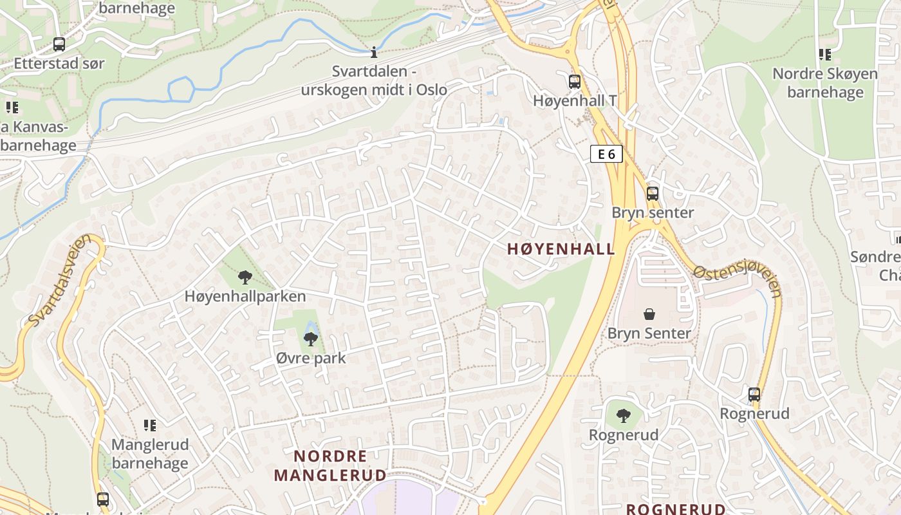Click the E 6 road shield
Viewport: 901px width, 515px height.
point(606,154)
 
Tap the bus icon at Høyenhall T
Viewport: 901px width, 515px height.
point(575,82)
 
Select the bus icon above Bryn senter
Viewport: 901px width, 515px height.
point(653,193)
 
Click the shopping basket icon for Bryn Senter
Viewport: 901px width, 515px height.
point(649,314)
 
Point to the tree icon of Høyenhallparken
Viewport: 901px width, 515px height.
point(245,277)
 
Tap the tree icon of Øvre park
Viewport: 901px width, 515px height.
point(311,339)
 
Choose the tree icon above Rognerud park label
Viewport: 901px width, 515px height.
point(623,416)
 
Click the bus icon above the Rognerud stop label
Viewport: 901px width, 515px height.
point(754,394)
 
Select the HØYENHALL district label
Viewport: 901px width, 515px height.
point(561,249)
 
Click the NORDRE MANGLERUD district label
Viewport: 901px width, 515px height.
point(330,466)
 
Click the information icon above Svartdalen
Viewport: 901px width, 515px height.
point(374,52)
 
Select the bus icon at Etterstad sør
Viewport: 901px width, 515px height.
point(59,44)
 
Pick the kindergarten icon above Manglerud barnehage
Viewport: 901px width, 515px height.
point(150,425)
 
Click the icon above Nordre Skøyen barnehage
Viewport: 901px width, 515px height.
point(824,55)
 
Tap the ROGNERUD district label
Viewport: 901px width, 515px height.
point(676,509)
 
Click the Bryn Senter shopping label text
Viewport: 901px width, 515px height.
point(649,333)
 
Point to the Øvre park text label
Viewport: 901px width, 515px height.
point(311,359)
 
